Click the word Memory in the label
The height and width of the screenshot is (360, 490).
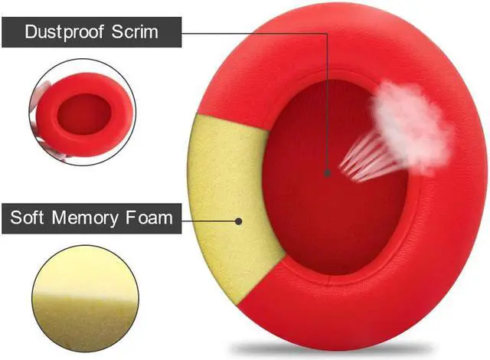click(83, 218)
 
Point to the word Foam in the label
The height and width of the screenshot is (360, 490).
click(148, 218)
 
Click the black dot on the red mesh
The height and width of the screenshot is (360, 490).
click(328, 173)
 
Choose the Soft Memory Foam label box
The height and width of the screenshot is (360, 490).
click(90, 218)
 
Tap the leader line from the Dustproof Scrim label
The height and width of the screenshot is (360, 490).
click(253, 33)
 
